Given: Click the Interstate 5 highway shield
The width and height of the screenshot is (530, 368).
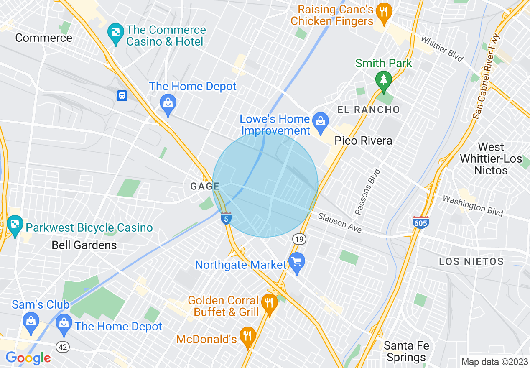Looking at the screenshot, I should (226, 218).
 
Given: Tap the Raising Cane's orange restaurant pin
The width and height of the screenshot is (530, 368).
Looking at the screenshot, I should (383, 12).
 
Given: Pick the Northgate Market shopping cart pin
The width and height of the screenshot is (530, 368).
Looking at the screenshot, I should (297, 263).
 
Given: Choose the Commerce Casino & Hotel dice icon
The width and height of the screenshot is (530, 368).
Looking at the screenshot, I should (115, 31).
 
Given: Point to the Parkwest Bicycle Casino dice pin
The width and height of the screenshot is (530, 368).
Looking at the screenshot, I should (15, 225).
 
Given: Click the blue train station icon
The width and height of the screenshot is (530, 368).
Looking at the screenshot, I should (122, 96).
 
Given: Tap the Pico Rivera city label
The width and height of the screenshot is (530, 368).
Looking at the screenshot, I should (363, 141).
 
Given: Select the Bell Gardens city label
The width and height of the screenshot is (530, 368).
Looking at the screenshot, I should (84, 245).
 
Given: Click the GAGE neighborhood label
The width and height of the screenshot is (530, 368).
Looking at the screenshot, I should (205, 187).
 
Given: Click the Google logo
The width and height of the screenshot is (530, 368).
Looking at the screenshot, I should (28, 358).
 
